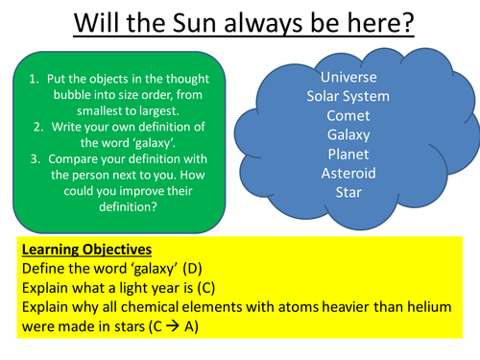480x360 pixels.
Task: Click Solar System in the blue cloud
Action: click(x=348, y=97)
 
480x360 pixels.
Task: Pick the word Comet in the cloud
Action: click(x=348, y=116)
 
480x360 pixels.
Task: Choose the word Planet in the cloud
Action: click(x=348, y=155)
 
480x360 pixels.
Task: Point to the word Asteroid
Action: click(x=348, y=174)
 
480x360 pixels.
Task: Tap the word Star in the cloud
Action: click(x=348, y=193)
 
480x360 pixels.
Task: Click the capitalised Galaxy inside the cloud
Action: click(x=348, y=135)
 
